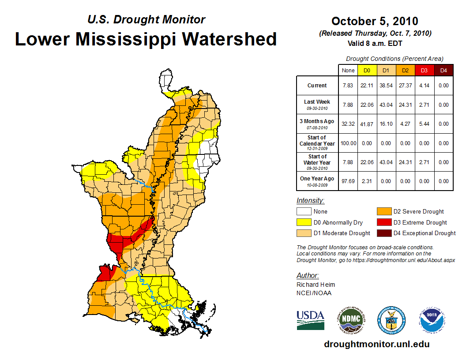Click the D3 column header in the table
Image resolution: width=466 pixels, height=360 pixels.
click(424, 70)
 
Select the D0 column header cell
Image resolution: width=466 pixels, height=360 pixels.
click(367, 70)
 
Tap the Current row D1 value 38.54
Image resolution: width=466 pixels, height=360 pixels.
click(386, 86)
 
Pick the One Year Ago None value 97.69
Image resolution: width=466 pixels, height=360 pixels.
click(348, 181)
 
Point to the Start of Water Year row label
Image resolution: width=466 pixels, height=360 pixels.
click(317, 162)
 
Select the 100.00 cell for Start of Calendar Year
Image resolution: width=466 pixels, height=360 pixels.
click(348, 143)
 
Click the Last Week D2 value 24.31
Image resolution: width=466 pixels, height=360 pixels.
click(405, 105)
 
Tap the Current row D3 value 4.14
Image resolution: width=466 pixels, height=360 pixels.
click(424, 86)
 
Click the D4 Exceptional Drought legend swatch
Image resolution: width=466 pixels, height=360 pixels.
click(383, 233)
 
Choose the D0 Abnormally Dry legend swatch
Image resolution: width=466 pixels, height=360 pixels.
click(304, 222)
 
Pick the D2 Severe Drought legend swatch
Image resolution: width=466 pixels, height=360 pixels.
click(383, 211)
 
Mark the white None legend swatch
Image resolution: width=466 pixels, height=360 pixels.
click(304, 211)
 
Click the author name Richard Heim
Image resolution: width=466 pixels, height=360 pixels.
click(316, 285)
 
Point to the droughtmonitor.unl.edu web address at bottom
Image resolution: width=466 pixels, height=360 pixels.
click(376, 344)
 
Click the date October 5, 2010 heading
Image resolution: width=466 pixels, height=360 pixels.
click(375, 21)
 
